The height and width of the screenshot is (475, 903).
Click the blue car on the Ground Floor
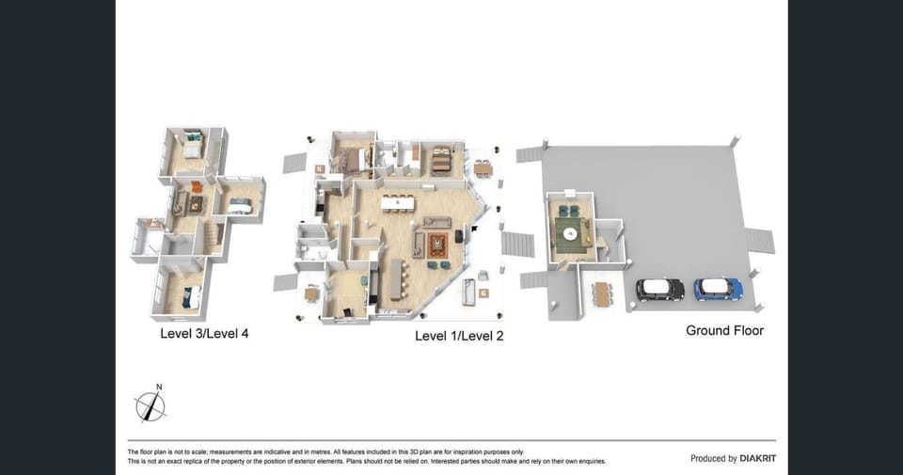point(718,289)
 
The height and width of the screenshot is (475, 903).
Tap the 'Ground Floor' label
point(724,330)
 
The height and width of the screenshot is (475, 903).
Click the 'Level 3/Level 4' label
point(204,333)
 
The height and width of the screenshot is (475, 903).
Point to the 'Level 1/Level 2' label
point(459,336)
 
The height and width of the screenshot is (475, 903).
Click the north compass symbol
point(150,404)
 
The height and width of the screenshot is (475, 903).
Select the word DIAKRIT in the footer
point(758,458)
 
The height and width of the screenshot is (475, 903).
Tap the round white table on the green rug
point(570,233)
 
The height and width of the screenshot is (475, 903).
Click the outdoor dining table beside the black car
point(602,294)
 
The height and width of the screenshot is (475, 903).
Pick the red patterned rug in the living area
point(438,245)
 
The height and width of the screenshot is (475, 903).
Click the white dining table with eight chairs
point(397,203)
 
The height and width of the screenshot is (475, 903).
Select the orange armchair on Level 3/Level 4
point(197,187)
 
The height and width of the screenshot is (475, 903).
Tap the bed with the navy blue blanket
point(192,297)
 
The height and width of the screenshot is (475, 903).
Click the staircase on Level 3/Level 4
point(213,238)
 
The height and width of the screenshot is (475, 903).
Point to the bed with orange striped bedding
point(442,160)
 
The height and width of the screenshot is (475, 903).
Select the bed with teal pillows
point(193,144)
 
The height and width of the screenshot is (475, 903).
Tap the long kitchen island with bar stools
point(397,279)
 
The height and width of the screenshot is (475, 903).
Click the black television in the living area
point(459,236)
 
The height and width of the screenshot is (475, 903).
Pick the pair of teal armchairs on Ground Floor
point(568,211)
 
